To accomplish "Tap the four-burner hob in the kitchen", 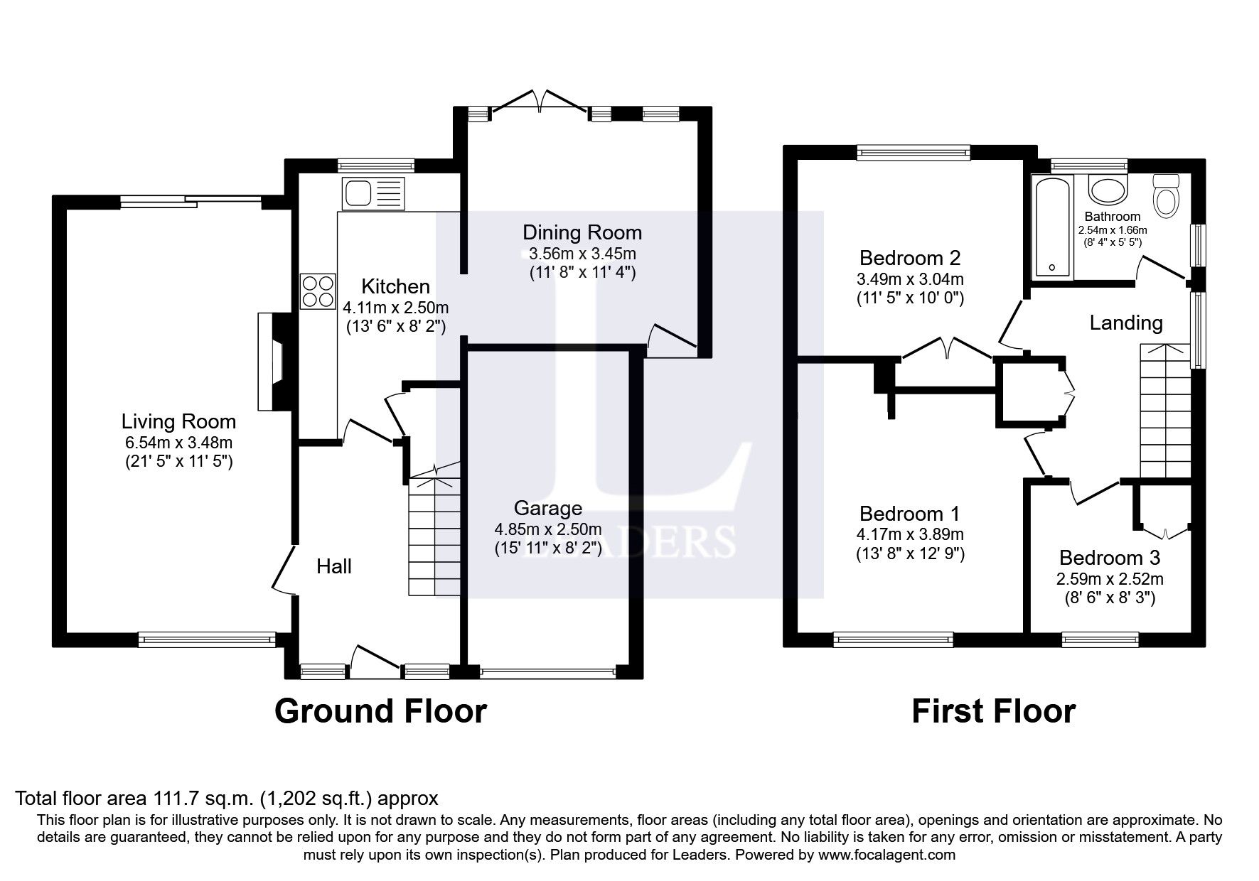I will pyautogui.click(x=318, y=291).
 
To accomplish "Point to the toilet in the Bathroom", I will pyautogui.click(x=1166, y=195).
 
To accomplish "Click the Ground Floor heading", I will pyautogui.click(x=380, y=711).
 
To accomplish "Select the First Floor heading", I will pyautogui.click(x=993, y=711).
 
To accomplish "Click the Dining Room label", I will pyautogui.click(x=582, y=232).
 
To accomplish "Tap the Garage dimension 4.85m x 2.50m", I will pyautogui.click(x=547, y=529).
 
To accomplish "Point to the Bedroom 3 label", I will pyautogui.click(x=1109, y=558).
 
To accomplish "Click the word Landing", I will pyautogui.click(x=1126, y=323).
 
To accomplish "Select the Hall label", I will pyautogui.click(x=333, y=566).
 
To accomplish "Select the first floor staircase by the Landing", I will pyautogui.click(x=1164, y=412).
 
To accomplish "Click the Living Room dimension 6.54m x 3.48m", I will pyautogui.click(x=178, y=442).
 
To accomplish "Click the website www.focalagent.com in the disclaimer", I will pyautogui.click(x=886, y=855).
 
